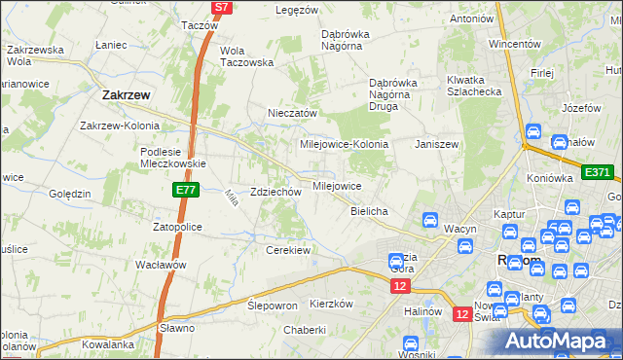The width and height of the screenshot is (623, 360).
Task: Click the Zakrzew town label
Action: pyautogui.click(x=125, y=95)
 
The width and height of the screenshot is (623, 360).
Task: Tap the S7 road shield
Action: pyautogui.click(x=222, y=7)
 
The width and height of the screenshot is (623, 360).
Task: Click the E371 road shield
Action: pyautogui.click(x=597, y=172)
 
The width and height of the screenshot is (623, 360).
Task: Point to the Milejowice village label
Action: pyautogui.click(x=337, y=185)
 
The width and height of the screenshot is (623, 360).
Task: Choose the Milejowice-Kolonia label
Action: pyautogui.click(x=345, y=144)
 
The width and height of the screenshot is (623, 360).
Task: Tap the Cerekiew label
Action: pyautogui.click(x=288, y=250)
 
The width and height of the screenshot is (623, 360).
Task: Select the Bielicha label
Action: pyautogui.click(x=370, y=211)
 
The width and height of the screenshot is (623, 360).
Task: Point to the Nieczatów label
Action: pyautogui.click(x=293, y=113)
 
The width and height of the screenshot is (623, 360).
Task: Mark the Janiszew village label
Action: pyautogui.click(x=436, y=144)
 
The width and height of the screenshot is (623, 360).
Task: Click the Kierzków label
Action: pyautogui.click(x=330, y=304)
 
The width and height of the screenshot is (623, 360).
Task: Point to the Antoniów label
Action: pyautogui.click(x=471, y=18)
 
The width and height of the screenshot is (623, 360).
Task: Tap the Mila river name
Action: pyautogui.click(x=232, y=197)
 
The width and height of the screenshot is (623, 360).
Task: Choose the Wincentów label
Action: pyautogui.click(x=514, y=44)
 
